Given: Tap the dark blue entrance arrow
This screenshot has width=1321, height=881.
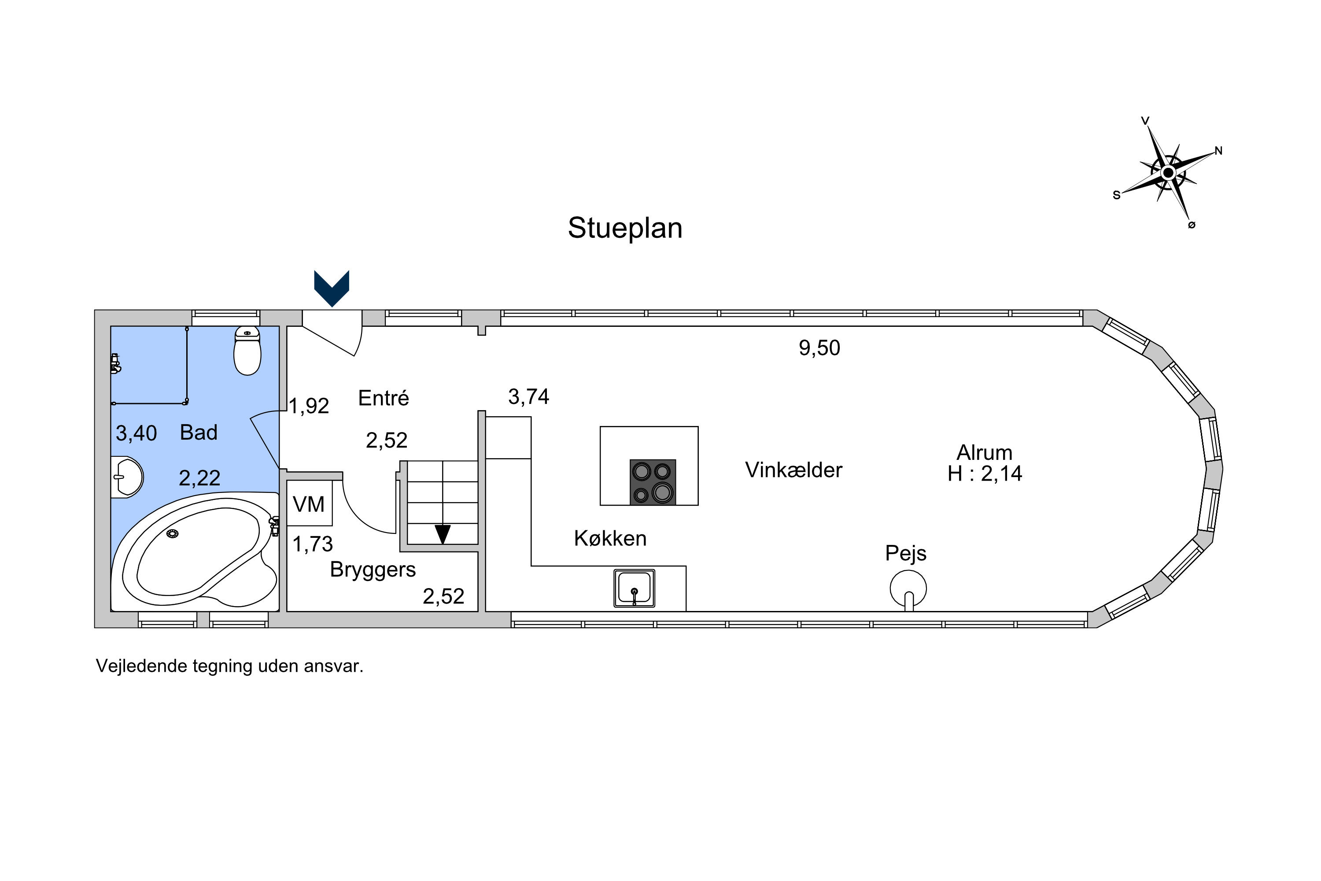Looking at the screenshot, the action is pos(332,288).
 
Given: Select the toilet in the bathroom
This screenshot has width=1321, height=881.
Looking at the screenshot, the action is pos(247,350).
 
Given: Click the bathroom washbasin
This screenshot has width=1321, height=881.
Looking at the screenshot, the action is pos(128,477).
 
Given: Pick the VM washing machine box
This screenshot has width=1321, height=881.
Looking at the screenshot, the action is pos(310,503).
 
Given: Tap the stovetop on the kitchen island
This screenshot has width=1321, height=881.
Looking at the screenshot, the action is pos(652,482).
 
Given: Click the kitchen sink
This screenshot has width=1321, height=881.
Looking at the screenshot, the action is pos(634,588).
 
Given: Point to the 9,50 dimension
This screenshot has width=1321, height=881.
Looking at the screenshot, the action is pos(819,348).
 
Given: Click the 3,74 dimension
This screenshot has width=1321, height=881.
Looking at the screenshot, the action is pos(528,397).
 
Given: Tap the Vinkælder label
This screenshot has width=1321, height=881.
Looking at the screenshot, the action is pos(793,470).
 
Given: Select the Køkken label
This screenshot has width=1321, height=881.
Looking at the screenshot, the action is pos(610,538).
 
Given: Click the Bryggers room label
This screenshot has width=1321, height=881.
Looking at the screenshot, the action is pos(373,570).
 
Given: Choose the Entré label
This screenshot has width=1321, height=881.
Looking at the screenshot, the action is pos(384,398).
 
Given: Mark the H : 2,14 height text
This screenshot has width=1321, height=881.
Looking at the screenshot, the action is pos(985,474).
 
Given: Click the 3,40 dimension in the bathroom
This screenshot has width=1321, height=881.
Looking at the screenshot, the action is pos(136,433).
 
